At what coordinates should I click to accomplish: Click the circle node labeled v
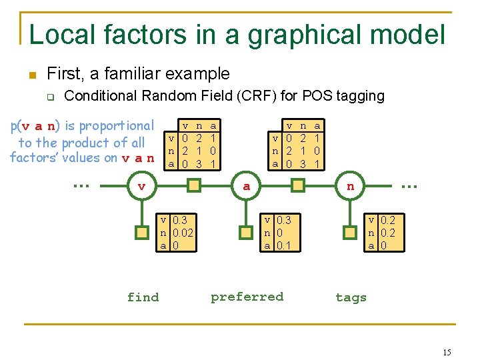[141, 186]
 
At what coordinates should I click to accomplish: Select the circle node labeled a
[247, 186]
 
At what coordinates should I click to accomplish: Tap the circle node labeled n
[351, 186]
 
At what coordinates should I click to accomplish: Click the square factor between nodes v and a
[194, 186]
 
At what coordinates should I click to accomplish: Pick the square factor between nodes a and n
[299, 186]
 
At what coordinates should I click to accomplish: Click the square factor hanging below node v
[141, 233]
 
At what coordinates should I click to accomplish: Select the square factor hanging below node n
[351, 233]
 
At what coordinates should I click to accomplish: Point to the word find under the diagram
[143, 297]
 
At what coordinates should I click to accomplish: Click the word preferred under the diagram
[247, 297]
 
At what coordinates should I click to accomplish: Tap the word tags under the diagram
[351, 297]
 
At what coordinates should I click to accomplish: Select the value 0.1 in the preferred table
[284, 245]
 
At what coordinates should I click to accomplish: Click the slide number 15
[447, 352]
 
